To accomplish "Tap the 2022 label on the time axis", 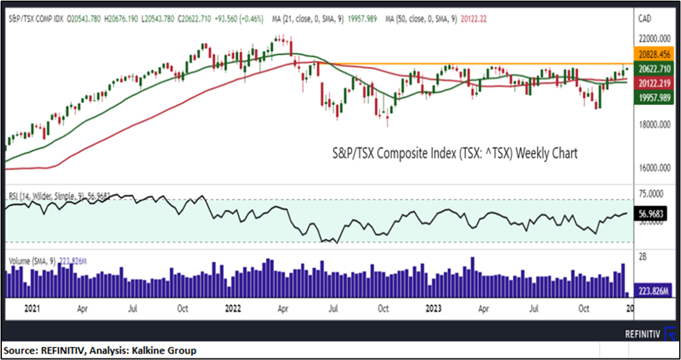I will click(234, 308).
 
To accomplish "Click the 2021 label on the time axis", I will click(30, 308).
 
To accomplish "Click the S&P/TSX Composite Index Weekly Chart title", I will click(453, 153).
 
